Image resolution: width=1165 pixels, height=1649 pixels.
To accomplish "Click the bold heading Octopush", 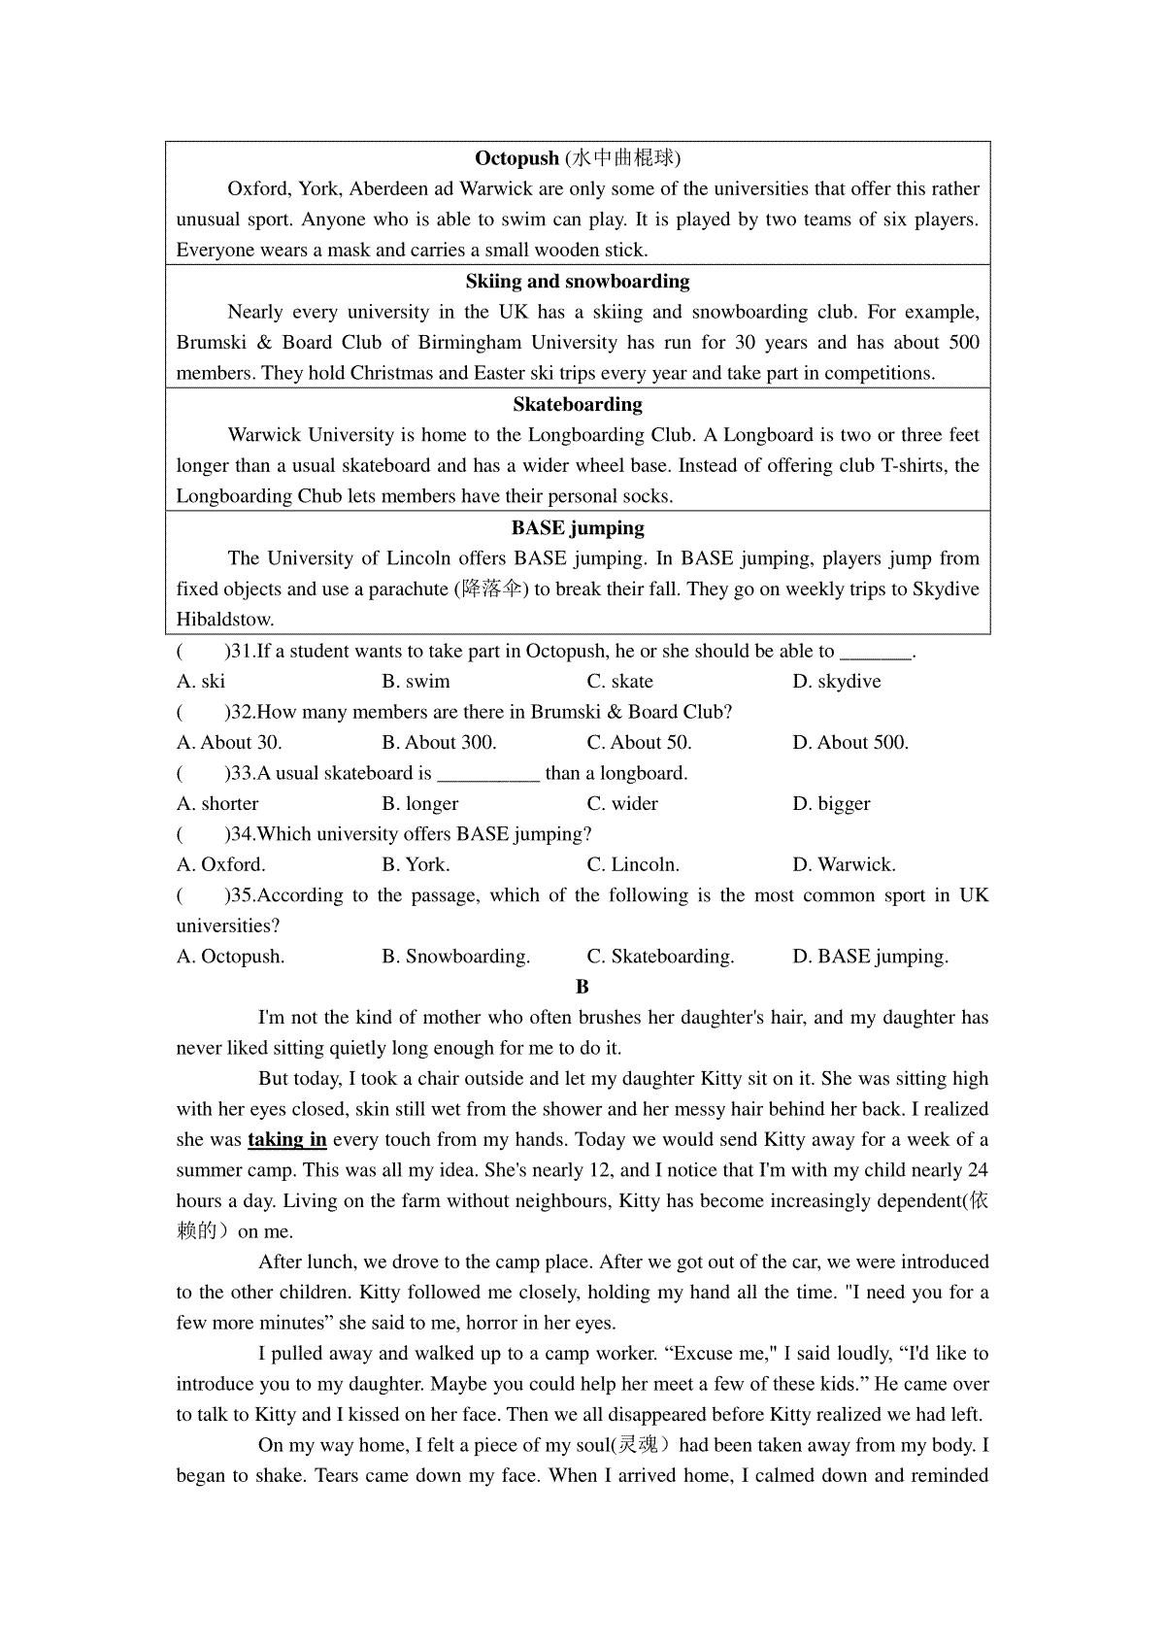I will [516, 158].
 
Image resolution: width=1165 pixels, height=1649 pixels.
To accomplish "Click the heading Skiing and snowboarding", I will [578, 282].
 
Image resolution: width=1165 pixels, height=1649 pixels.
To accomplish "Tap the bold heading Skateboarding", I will [578, 405].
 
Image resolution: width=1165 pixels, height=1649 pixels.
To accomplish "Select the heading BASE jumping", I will [578, 528].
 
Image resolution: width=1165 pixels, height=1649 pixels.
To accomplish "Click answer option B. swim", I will [416, 682].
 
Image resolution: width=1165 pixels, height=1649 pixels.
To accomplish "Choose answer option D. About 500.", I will [850, 743].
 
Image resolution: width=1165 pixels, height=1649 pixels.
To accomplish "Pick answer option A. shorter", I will [217, 804].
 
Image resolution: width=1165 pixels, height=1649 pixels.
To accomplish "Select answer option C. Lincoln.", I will [633, 865].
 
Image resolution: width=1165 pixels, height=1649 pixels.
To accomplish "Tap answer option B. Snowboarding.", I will [456, 957].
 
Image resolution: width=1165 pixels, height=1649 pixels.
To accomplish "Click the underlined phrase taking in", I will [287, 1140].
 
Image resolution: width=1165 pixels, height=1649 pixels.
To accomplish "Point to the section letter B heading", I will [582, 987].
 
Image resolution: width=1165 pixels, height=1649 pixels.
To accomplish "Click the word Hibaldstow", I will [225, 620].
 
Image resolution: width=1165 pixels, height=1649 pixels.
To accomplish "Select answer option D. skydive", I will [837, 682].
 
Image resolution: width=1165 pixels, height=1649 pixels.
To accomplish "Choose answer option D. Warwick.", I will [844, 865].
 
